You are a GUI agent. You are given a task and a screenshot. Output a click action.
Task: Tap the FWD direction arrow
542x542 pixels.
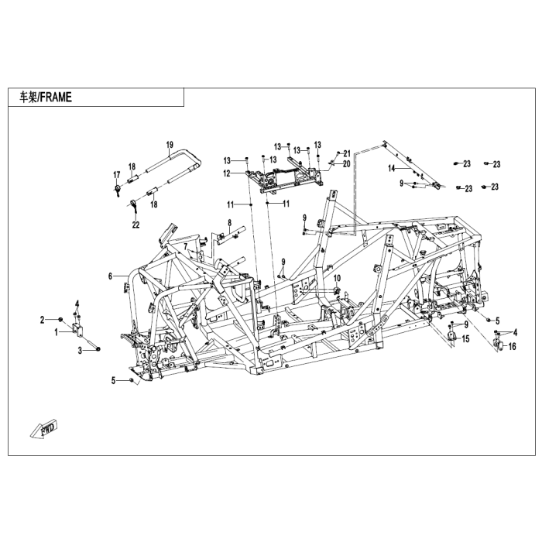tap(44, 430)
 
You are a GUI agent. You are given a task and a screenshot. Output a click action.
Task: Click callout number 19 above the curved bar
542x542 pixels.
tap(170, 145)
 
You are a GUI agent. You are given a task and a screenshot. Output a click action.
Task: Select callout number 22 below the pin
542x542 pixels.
tap(135, 225)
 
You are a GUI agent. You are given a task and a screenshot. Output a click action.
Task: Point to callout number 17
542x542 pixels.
tap(116, 175)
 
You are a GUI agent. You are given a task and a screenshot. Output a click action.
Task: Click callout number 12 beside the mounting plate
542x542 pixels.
tap(227, 173)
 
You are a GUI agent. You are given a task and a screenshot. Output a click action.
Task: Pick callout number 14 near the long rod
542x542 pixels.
tap(391, 168)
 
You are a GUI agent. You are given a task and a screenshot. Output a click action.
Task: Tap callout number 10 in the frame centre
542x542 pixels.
tap(337, 278)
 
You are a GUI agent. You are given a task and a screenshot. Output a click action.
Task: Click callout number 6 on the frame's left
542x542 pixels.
tap(110, 276)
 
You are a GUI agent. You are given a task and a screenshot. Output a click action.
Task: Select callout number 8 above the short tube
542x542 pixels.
tap(229, 223)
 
